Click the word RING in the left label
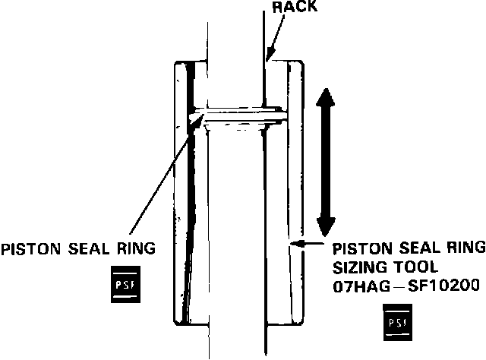pos(136,248)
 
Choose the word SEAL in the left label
pos(87,248)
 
